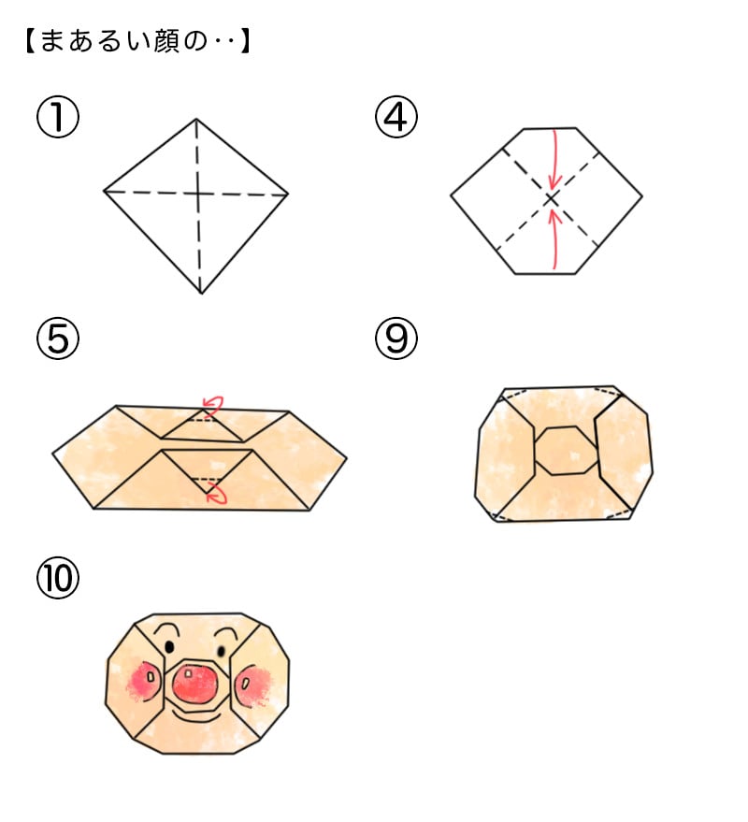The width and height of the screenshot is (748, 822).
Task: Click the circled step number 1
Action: (58, 117)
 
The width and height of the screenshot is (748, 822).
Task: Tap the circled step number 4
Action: (396, 117)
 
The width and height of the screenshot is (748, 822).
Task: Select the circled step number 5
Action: (58, 339)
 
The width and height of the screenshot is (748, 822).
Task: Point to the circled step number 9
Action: (396, 339)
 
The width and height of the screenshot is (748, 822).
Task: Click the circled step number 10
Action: (58, 578)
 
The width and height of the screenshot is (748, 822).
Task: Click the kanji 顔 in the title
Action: (166, 41)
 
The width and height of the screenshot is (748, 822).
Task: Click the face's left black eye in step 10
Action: (169, 647)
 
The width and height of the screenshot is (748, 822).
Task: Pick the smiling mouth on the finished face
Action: (196, 716)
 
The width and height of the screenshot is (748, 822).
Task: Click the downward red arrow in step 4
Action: (555, 159)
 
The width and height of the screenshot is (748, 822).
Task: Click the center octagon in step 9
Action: (566, 451)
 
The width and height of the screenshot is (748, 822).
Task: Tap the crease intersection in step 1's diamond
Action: (198, 194)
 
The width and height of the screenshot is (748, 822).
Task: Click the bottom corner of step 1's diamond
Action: (201, 294)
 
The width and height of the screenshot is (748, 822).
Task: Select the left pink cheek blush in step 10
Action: (143, 681)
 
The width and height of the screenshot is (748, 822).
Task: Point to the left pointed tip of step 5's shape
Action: (53, 453)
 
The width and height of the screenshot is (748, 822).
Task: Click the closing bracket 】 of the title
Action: (246, 41)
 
